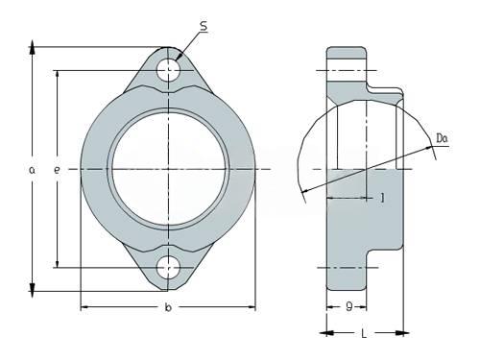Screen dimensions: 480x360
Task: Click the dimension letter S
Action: [x=204, y=27]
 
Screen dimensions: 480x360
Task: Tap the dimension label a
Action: [x=32, y=170]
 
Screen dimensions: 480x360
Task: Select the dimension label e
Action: [x=57, y=170]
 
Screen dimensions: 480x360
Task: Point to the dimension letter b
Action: [x=168, y=307]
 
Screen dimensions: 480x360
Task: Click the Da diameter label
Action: [x=442, y=138]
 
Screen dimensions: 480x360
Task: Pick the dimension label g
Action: [x=349, y=307]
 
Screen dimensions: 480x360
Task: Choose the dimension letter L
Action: [x=364, y=334]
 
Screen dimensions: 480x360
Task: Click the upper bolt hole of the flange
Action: [x=168, y=70]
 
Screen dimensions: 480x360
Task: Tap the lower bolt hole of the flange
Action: [x=168, y=268]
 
